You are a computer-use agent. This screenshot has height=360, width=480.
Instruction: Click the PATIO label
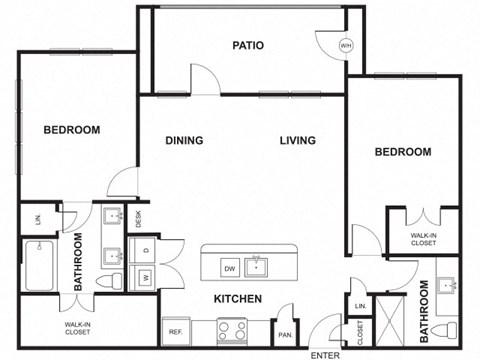(248, 45)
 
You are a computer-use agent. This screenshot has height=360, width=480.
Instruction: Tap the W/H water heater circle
(346, 45)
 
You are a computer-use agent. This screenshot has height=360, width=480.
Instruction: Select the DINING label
(184, 141)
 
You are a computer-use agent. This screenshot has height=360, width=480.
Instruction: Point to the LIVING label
(298, 141)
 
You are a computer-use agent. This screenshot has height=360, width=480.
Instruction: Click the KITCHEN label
(238, 299)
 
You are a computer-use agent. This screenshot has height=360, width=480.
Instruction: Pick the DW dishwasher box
(229, 268)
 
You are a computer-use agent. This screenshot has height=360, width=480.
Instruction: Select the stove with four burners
(232, 329)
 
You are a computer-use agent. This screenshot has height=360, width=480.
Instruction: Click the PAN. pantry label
(285, 335)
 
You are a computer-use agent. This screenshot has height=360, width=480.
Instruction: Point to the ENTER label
(325, 355)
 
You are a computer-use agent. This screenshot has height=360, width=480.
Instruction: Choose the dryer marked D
(146, 249)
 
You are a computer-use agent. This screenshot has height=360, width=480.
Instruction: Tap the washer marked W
(146, 276)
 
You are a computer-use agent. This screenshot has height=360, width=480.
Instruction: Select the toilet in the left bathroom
(112, 280)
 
